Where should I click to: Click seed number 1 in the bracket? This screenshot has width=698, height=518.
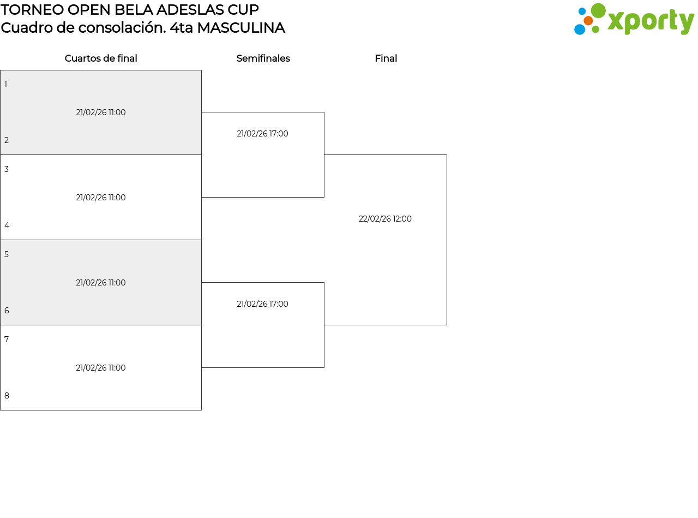6,84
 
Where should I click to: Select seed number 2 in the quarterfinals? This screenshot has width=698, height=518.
7,140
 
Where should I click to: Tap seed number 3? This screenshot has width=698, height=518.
7,169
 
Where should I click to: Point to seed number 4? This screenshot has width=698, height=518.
7,225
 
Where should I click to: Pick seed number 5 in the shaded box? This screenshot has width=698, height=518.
7,254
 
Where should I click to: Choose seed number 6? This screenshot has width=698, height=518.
7,311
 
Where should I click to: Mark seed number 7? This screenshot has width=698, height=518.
7,340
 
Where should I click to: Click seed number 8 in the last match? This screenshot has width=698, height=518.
7,396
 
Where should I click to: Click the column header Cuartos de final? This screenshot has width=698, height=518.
101,58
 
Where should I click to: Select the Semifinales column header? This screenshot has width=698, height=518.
263,58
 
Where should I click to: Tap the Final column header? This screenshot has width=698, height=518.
386,58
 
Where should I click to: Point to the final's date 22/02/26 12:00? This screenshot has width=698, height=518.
385,219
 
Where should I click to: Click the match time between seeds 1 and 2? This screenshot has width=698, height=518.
101,112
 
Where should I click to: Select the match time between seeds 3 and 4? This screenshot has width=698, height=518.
101,198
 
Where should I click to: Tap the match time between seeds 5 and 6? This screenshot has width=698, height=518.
101,283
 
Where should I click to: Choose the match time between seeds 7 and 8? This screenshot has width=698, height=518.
101,368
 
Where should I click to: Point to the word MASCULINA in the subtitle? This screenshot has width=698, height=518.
240,28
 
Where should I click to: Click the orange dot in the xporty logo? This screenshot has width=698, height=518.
588,21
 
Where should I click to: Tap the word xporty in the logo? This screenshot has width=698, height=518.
651,22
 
